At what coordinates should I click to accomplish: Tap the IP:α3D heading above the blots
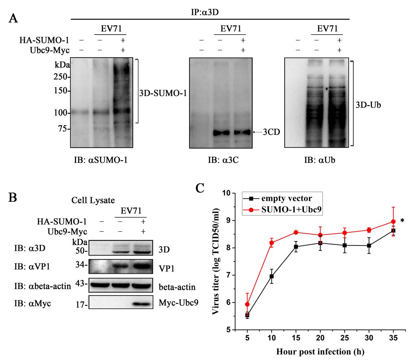(210, 12)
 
